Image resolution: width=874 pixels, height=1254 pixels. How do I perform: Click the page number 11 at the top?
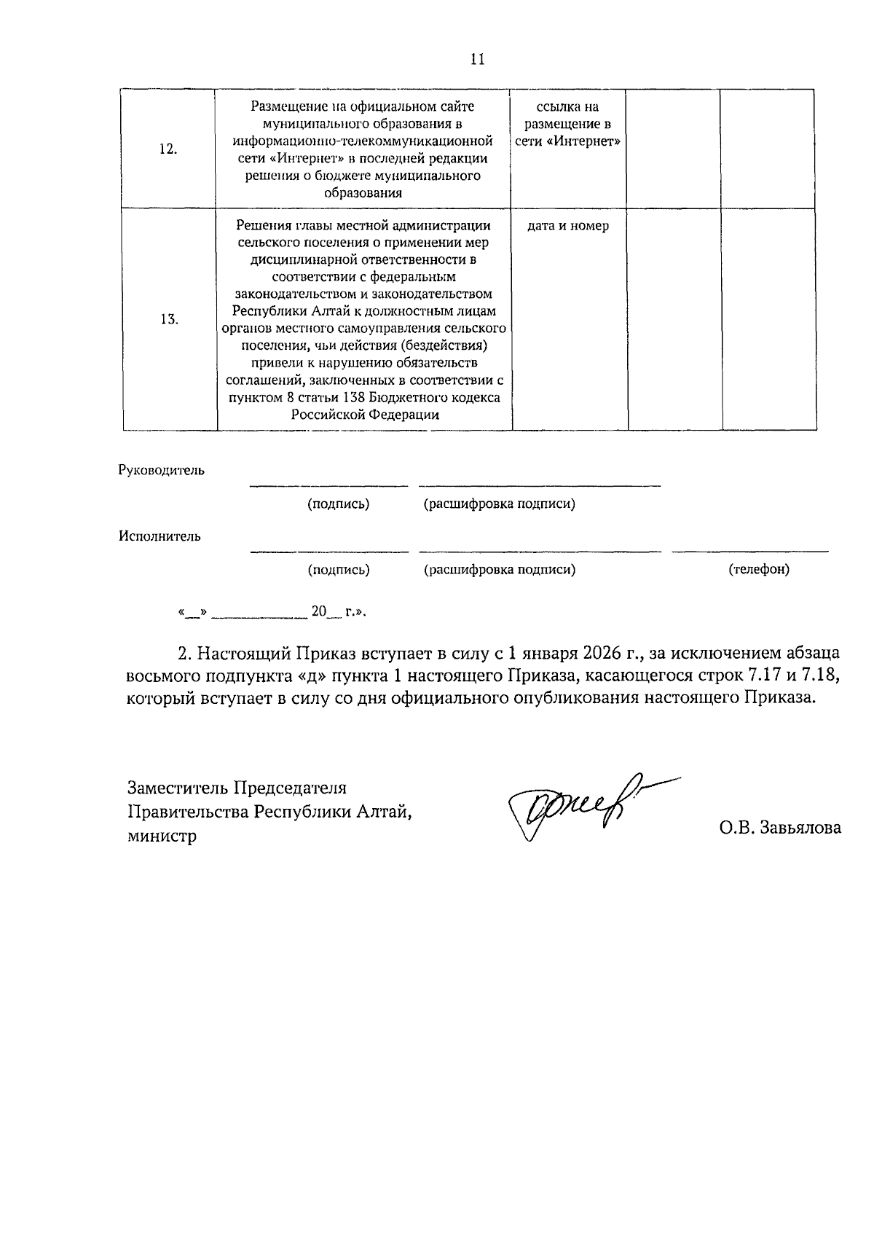(x=478, y=60)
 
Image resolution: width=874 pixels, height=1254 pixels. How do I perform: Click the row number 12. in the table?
(x=168, y=150)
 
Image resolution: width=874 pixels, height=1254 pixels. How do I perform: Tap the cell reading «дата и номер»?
(x=568, y=227)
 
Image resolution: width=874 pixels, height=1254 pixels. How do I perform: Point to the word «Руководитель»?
(x=162, y=471)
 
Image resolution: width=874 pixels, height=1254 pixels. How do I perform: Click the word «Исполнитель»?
(x=160, y=537)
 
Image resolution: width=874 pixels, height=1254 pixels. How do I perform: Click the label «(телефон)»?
(x=759, y=570)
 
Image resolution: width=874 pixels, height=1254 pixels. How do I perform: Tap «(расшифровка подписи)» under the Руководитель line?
(x=500, y=504)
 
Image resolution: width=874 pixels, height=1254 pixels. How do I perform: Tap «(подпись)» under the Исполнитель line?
(x=339, y=570)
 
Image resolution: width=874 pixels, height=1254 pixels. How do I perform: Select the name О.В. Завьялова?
(x=779, y=828)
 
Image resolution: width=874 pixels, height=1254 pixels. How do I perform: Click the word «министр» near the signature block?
(x=162, y=836)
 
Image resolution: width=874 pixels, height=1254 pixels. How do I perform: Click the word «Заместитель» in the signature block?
(x=174, y=788)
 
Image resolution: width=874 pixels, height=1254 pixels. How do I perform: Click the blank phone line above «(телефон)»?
(x=750, y=551)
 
